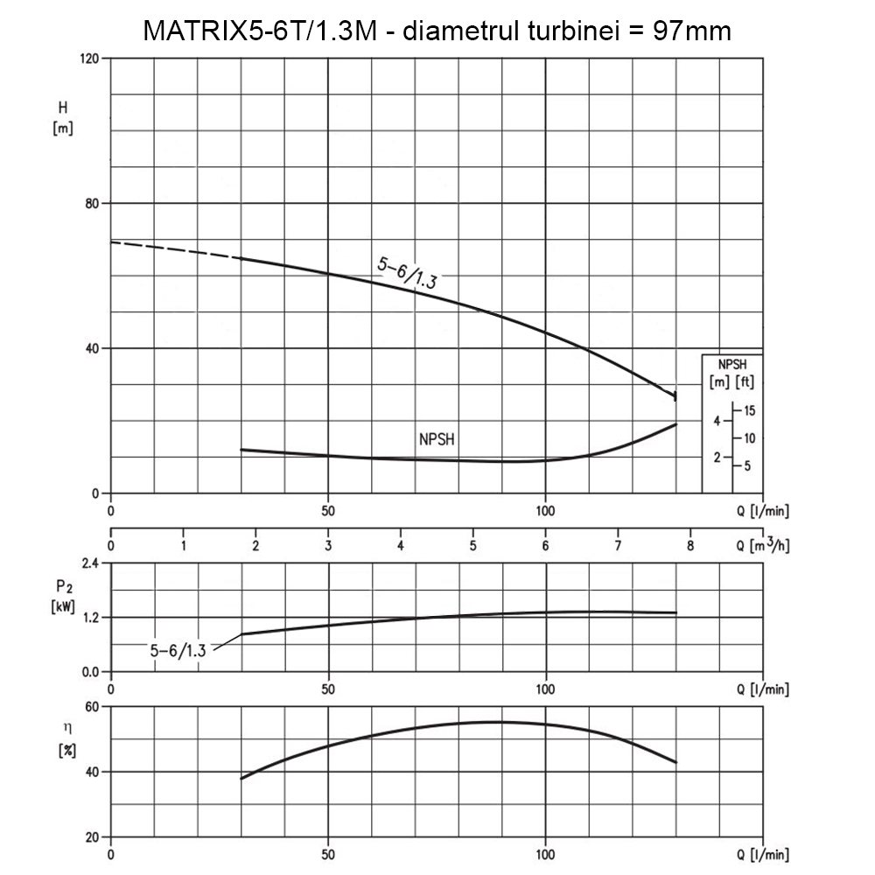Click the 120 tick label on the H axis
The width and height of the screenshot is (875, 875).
[x=88, y=59]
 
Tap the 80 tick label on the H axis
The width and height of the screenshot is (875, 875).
[x=92, y=204]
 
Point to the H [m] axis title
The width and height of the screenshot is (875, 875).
[x=63, y=118]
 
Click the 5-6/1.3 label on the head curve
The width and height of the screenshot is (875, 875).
[x=408, y=273]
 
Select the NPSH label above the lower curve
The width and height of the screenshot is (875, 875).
[x=437, y=440]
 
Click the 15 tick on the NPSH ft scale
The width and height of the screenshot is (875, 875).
[x=750, y=410]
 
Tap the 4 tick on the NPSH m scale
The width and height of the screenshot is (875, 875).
[x=717, y=421]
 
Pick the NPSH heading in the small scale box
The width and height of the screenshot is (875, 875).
[x=732, y=364]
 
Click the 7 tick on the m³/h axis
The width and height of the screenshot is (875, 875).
[x=618, y=546]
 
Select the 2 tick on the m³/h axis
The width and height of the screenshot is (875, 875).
[x=255, y=546]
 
